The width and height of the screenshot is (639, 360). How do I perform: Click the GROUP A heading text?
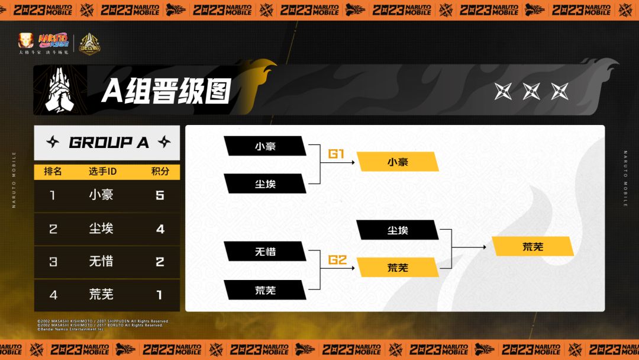(x=109, y=142)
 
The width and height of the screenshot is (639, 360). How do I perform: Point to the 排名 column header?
(x=53, y=172)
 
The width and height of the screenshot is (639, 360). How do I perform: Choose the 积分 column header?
(x=160, y=172)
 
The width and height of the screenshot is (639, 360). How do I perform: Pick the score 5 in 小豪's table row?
(x=160, y=195)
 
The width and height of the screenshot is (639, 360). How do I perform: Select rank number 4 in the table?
(x=53, y=294)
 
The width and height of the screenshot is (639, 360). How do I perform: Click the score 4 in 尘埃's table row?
(x=160, y=229)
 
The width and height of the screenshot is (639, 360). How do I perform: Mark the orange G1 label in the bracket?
(x=336, y=154)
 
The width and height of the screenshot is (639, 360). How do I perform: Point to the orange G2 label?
(x=336, y=259)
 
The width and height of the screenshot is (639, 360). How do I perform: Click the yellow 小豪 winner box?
(x=398, y=162)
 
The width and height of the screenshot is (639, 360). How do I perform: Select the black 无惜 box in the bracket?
(x=265, y=252)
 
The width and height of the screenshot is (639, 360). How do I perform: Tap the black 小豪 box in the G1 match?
(x=265, y=146)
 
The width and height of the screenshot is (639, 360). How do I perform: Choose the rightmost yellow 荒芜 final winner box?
(x=532, y=246)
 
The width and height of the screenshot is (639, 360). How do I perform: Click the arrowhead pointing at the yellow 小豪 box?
(x=353, y=162)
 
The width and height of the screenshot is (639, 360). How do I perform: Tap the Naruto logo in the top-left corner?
(x=53, y=41)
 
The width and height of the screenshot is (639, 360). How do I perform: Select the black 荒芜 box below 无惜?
(x=265, y=290)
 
